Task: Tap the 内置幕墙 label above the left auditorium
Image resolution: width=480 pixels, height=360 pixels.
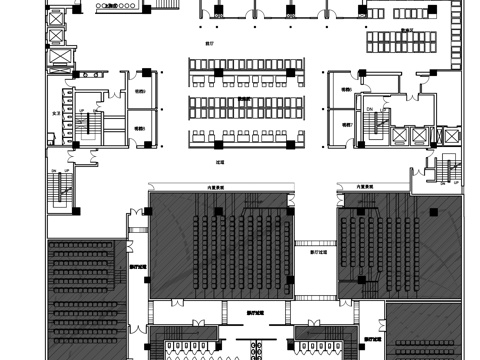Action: pyautogui.click(x=216, y=186)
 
